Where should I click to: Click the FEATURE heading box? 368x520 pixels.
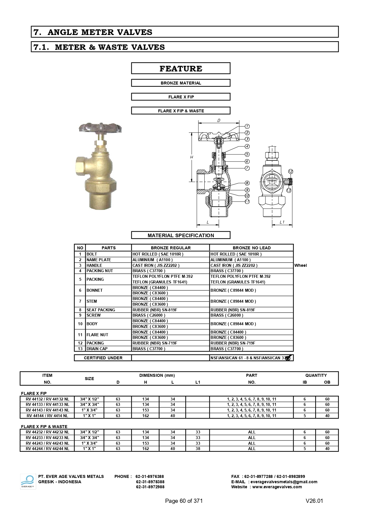[181, 68]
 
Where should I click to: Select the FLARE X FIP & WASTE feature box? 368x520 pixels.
[181, 111]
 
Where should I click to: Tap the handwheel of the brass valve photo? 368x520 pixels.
[100, 129]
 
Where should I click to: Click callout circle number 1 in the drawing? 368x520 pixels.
[247, 126]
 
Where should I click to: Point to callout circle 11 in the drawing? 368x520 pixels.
[247, 202]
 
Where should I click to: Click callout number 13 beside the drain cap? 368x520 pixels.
[289, 190]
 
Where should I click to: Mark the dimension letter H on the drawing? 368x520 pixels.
[192, 157]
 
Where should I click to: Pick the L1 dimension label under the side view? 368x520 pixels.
[282, 222]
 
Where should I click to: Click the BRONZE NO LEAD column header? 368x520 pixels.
[251, 248]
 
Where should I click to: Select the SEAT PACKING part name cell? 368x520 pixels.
[101, 310]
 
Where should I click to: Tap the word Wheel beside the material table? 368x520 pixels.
[300, 265]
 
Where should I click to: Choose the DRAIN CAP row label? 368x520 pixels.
[97, 349]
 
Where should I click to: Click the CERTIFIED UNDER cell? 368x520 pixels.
[103, 358]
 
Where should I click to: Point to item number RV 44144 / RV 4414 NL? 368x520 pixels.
[47, 416]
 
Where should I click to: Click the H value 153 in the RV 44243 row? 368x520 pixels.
[146, 443]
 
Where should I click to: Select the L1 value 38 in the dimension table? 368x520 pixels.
[198, 449]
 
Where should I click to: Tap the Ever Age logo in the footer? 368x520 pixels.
[28, 481]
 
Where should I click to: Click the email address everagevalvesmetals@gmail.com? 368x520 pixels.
[284, 482]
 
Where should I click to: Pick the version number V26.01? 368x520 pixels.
[314, 501]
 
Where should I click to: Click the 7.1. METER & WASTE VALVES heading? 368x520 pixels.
[99, 47]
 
